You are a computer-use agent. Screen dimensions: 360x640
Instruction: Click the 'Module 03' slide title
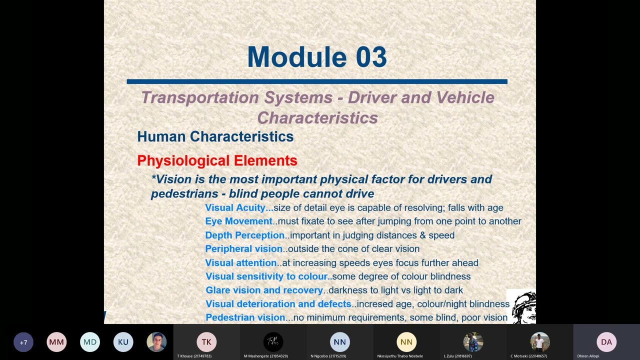click(x=317, y=57)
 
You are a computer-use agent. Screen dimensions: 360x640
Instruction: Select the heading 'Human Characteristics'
click(x=215, y=136)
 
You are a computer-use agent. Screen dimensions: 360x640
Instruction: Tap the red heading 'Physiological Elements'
click(x=217, y=160)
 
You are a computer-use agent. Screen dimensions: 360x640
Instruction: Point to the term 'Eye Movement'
click(x=238, y=221)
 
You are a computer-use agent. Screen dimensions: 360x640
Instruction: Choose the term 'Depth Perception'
click(x=244, y=235)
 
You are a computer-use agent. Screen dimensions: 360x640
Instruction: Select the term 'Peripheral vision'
click(x=243, y=248)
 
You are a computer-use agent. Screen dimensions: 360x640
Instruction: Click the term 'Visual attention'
click(x=240, y=262)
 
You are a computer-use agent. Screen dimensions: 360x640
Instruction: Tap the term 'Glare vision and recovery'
click(x=264, y=290)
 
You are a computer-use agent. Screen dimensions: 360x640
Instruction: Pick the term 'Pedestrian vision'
click(x=245, y=317)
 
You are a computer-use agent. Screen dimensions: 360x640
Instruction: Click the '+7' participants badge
click(x=23, y=342)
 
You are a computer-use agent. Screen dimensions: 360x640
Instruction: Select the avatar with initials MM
click(x=56, y=342)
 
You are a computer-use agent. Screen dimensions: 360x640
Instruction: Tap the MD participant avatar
click(x=90, y=342)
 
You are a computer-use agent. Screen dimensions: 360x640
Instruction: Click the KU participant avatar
click(x=123, y=342)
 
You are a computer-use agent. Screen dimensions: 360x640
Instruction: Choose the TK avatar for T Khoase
click(x=206, y=342)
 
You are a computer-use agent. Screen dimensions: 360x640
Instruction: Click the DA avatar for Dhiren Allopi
click(x=606, y=342)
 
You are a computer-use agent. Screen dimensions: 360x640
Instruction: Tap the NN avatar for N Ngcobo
click(x=340, y=342)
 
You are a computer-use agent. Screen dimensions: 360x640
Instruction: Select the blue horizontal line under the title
click(x=317, y=81)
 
